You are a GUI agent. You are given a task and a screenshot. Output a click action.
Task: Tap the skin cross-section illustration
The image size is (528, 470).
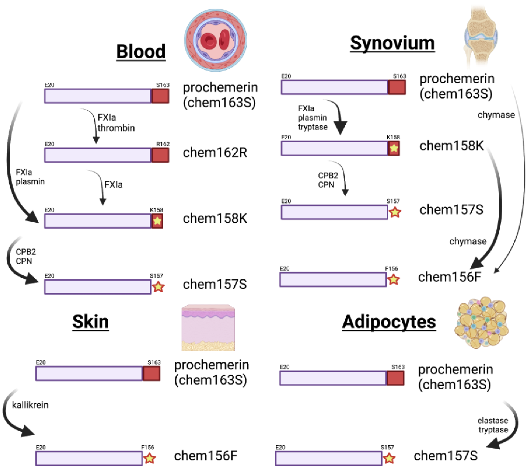pos(208,328)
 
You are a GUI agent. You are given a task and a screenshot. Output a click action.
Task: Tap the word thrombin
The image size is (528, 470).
pos(116,128)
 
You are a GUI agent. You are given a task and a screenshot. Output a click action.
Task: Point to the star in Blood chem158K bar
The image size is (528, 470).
pos(157,221)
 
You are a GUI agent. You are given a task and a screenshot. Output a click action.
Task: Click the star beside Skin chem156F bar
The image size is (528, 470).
pos(149,458)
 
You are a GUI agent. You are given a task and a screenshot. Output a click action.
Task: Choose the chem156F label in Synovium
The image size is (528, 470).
pos(449,277)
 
